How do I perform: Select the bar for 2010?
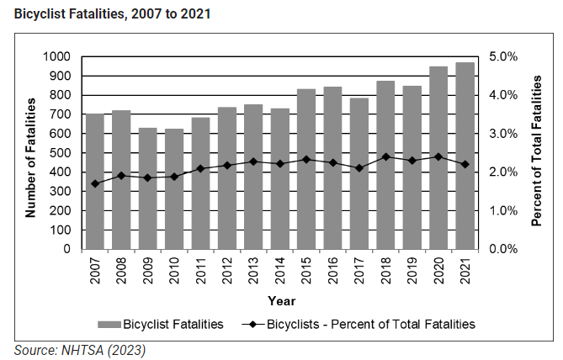175,188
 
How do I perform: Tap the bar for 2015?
306,169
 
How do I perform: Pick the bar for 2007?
95,181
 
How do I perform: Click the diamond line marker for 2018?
385,156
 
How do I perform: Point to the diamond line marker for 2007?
95,183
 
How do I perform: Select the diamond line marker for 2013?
253,161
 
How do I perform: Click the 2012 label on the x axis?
227,271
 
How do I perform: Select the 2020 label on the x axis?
438,271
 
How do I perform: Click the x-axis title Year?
280,300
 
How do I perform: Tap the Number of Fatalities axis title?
30,157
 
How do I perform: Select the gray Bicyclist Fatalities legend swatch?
109,323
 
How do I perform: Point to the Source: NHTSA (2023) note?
72,348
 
